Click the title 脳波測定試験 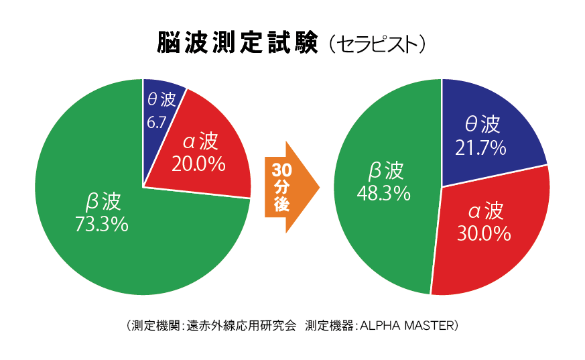(237, 44)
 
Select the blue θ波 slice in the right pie (489, 134)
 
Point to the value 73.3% (101, 225)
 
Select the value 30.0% (484, 233)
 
